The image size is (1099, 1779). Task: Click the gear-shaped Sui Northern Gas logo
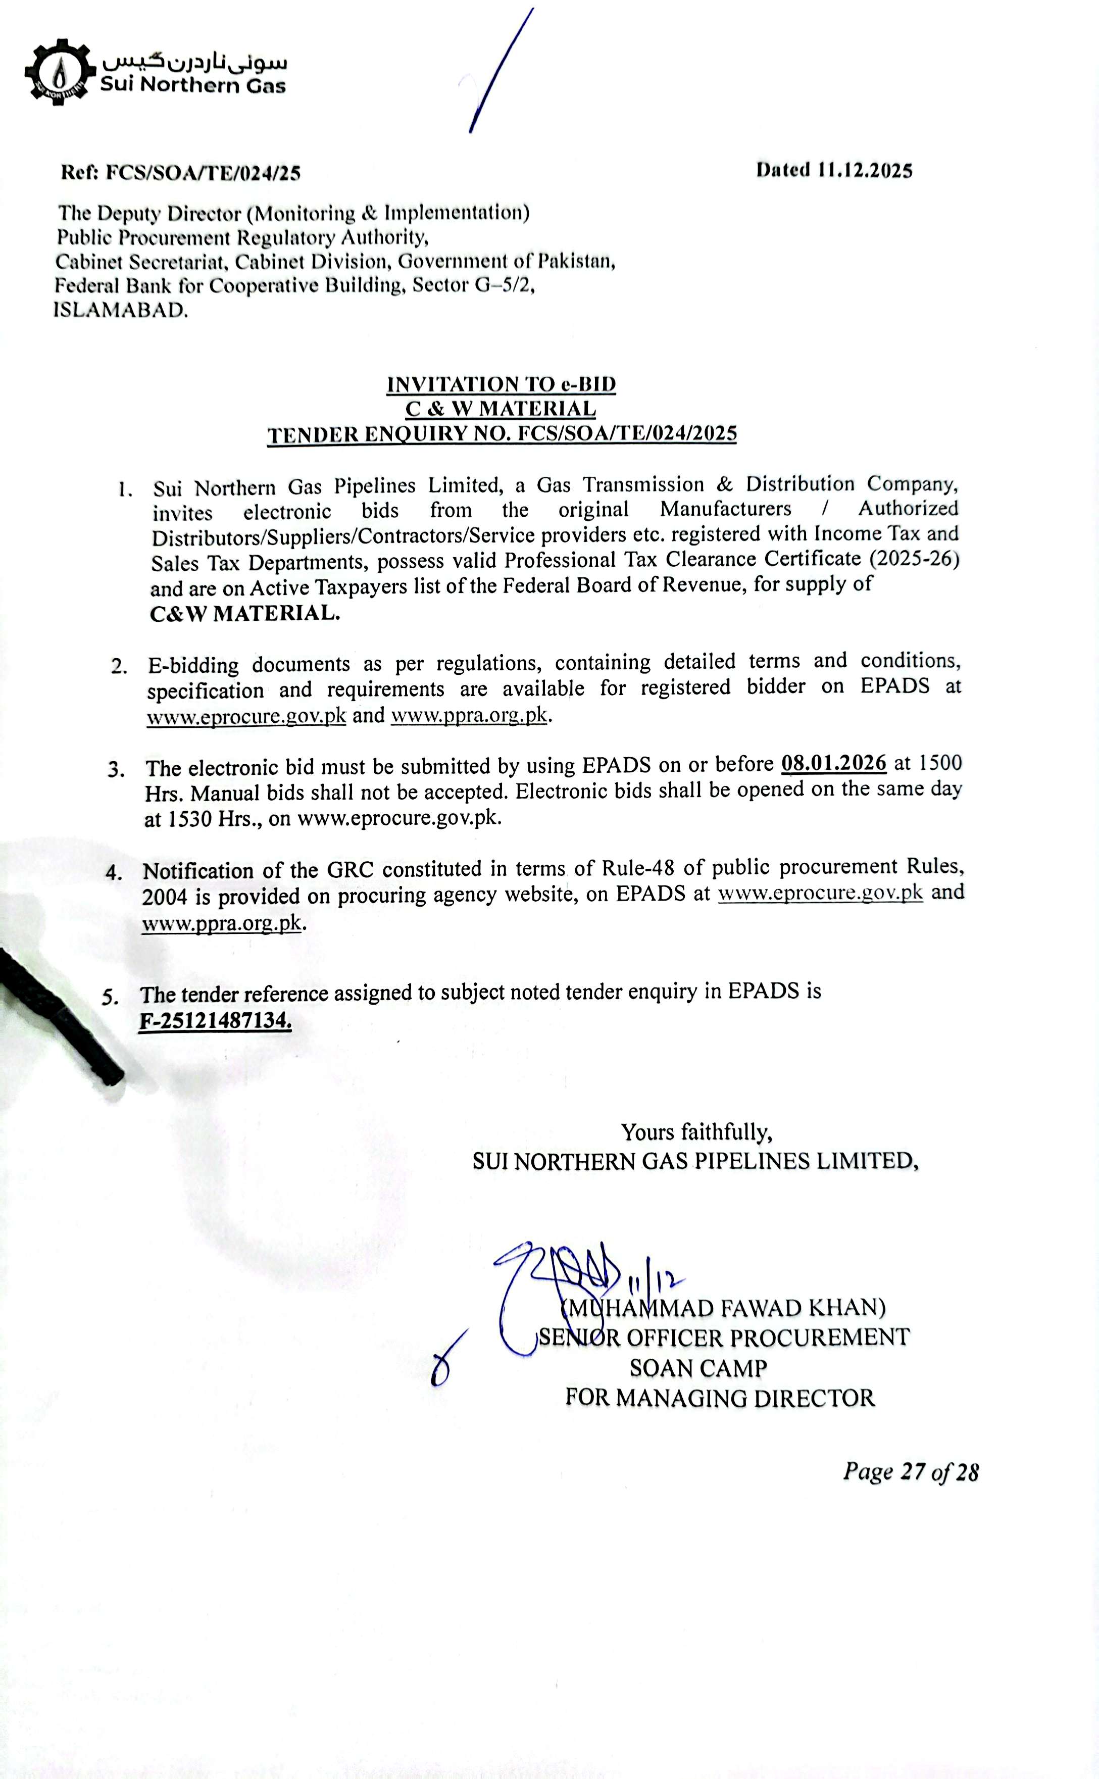click(x=60, y=72)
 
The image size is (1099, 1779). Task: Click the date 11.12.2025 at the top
click(x=864, y=171)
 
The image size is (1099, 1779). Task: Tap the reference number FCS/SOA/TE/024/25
click(x=203, y=173)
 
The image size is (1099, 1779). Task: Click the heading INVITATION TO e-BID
click(x=501, y=384)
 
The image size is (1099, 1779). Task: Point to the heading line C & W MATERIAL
click(x=501, y=409)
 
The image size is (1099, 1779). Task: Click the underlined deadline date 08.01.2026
click(x=834, y=763)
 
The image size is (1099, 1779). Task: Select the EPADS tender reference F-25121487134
click(x=215, y=1020)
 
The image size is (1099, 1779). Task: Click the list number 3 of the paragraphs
click(x=116, y=769)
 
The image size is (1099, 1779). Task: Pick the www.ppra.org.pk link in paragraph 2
click(x=469, y=715)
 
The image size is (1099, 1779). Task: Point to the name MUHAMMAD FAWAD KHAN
click(x=724, y=1308)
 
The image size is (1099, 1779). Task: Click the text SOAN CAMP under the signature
click(x=698, y=1368)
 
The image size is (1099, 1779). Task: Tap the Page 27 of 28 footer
click(x=910, y=1471)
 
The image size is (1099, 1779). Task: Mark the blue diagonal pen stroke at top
click(x=502, y=71)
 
